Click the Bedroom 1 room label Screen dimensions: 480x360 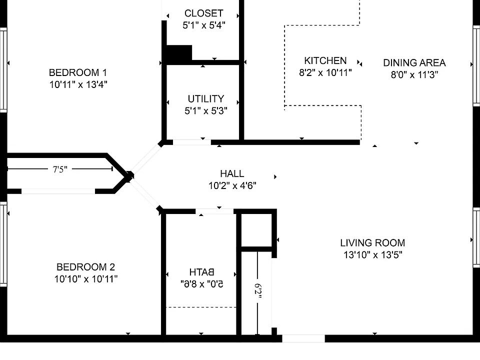[x=78, y=72]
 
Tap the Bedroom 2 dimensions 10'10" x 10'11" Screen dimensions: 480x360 [x=86, y=279]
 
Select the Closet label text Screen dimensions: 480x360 [x=204, y=13]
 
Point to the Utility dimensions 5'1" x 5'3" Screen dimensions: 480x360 [x=205, y=110]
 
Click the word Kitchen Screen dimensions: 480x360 [x=325, y=60]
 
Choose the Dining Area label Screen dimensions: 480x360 [x=414, y=63]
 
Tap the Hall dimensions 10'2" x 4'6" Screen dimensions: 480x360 [x=232, y=185]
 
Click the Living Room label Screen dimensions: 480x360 [x=372, y=243]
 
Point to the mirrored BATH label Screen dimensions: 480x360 [x=201, y=272]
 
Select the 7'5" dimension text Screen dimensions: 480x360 [x=60, y=169]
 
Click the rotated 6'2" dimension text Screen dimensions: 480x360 [x=258, y=291]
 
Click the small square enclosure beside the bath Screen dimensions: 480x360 [x=256, y=230]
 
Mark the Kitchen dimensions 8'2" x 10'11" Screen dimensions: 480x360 [x=325, y=72]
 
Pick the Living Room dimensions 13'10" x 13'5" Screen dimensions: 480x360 [x=372, y=254]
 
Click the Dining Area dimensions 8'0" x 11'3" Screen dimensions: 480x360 [x=414, y=74]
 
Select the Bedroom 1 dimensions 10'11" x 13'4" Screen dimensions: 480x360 [x=78, y=84]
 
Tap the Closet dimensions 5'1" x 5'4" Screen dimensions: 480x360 [x=204, y=25]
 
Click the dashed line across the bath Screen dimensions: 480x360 [x=201, y=307]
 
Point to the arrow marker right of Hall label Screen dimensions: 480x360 [x=275, y=176]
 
